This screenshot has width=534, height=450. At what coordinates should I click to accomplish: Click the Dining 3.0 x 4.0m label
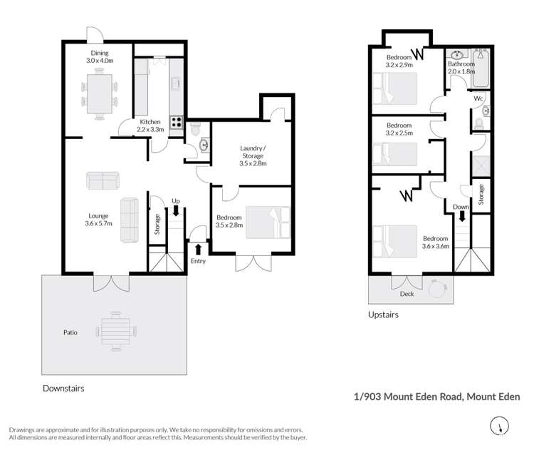click(x=99, y=56)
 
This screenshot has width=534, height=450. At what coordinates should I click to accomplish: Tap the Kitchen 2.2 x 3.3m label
click(x=151, y=126)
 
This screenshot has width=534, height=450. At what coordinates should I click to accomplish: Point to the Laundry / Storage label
click(x=253, y=155)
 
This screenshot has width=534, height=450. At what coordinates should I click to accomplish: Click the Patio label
click(x=69, y=332)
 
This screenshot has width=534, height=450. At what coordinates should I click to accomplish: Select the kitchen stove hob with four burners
click(x=175, y=122)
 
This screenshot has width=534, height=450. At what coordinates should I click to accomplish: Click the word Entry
click(x=197, y=262)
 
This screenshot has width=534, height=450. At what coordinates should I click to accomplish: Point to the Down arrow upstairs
click(x=461, y=215)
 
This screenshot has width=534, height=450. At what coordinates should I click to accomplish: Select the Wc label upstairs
click(x=479, y=98)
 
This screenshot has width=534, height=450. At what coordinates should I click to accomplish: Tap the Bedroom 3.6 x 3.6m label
click(x=434, y=242)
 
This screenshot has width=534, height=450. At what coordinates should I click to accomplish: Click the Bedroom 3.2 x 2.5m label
click(x=399, y=130)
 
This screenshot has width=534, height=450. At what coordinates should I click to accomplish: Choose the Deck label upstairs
click(x=407, y=294)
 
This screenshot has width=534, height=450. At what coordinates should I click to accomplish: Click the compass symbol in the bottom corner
click(x=501, y=427)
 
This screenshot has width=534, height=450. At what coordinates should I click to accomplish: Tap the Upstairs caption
click(x=383, y=315)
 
